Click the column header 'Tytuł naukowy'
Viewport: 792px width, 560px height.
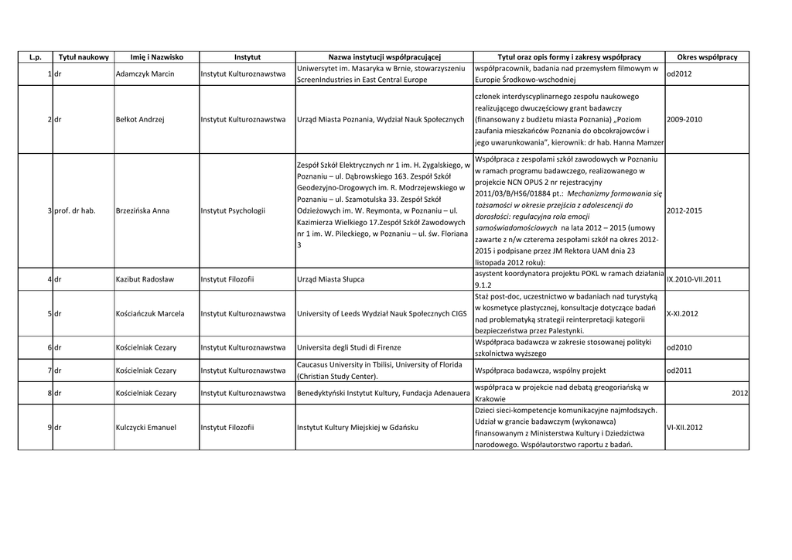pyautogui.click(x=83, y=57)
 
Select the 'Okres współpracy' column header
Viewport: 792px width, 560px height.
pyautogui.click(x=707, y=57)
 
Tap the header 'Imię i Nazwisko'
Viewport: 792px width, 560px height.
pyautogui.click(x=156, y=57)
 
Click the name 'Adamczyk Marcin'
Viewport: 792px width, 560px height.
pyautogui.click(x=145, y=74)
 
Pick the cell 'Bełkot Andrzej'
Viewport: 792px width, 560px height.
pyautogui.click(x=140, y=120)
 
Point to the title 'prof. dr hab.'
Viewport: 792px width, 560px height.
pyautogui.click(x=74, y=210)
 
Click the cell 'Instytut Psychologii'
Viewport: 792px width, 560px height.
pyautogui.click(x=233, y=210)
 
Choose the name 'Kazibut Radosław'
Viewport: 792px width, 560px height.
pyautogui.click(x=145, y=278)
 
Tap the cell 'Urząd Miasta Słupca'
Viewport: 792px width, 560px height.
pyautogui.click(x=330, y=278)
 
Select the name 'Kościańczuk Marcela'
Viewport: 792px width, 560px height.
pyautogui.click(x=150, y=313)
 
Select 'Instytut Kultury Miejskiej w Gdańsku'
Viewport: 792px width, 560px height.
pyautogui.click(x=357, y=427)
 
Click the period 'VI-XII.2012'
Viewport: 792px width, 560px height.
pyautogui.click(x=684, y=427)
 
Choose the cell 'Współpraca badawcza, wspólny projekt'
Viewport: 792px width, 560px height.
pyautogui.click(x=541, y=370)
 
